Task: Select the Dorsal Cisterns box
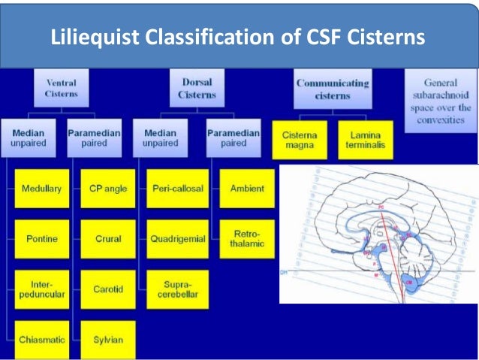[x=196, y=89]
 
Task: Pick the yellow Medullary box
[x=41, y=189]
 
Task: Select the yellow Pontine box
[x=41, y=239]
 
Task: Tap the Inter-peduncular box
[x=41, y=289]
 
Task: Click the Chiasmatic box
[x=41, y=340]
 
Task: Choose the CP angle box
[x=107, y=189]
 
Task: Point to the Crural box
[x=107, y=239]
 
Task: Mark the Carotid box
[x=107, y=289]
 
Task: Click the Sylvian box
[x=107, y=340]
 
